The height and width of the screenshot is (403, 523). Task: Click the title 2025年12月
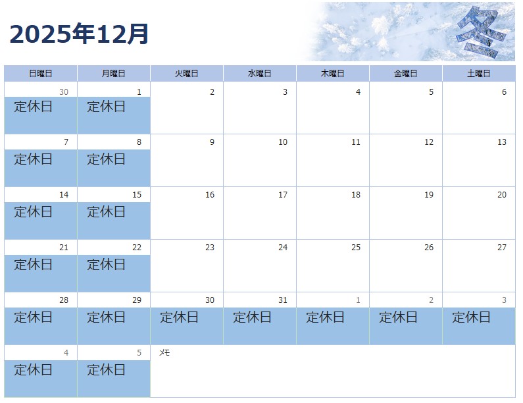pos(79,34)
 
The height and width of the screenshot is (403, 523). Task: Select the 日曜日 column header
pos(41,74)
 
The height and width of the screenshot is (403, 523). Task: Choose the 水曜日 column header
pos(260,74)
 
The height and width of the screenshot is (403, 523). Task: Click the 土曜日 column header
pos(479,74)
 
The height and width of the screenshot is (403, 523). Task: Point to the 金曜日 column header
pos(406,74)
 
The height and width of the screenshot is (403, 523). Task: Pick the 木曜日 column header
pos(333,74)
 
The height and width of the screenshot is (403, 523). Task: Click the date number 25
pos(356,248)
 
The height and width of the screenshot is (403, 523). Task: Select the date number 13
pos(502,142)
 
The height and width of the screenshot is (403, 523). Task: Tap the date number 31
pos(283,300)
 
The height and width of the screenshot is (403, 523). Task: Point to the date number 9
pos(212,142)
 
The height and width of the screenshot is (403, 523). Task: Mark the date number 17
pos(283,195)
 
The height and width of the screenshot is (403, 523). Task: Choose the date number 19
pos(429,195)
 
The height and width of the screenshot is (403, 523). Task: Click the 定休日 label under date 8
pos(106,159)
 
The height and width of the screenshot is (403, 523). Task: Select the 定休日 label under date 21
pos(33,265)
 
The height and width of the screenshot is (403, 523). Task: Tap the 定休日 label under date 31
pos(252,317)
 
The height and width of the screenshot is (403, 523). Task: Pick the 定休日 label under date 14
pos(33,212)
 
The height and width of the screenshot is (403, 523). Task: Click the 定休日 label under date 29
pos(106,317)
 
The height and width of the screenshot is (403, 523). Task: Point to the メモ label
pos(164,353)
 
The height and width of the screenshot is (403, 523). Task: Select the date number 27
pos(502,248)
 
